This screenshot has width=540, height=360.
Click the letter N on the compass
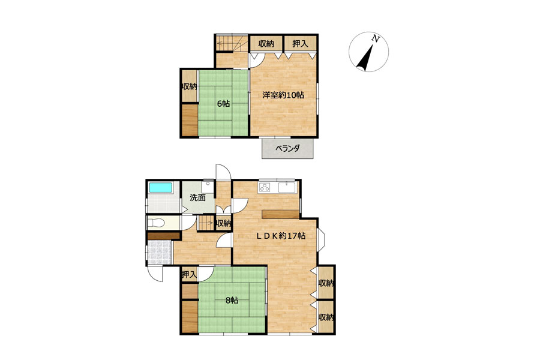pyautogui.click(x=376, y=39)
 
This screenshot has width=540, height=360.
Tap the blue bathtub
pyautogui.click(x=160, y=188)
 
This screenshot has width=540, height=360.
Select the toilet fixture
pyautogui.click(x=156, y=223)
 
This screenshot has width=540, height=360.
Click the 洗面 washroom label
pyautogui.click(x=197, y=198)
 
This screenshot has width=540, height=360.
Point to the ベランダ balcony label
pyautogui.click(x=287, y=149)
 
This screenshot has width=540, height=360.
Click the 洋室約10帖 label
pyautogui.click(x=283, y=95)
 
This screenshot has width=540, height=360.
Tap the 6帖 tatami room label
pyautogui.click(x=223, y=103)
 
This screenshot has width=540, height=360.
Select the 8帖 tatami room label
pyautogui.click(x=232, y=300)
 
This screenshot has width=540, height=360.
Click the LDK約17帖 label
pyautogui.click(x=280, y=236)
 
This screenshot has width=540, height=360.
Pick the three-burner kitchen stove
pyautogui.click(x=265, y=188)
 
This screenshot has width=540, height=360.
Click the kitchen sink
pyautogui.click(x=287, y=188)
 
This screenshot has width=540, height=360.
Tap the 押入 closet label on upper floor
pyautogui.click(x=300, y=44)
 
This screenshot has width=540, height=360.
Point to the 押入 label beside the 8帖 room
pyautogui.click(x=189, y=275)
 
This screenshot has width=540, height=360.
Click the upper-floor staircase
pyautogui.click(x=232, y=43)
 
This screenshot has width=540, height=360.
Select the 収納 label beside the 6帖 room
pyautogui.click(x=190, y=86)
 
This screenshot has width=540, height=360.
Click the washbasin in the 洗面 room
pyautogui.click(x=208, y=187)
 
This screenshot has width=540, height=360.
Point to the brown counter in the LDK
pyautogui.click(x=280, y=214)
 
